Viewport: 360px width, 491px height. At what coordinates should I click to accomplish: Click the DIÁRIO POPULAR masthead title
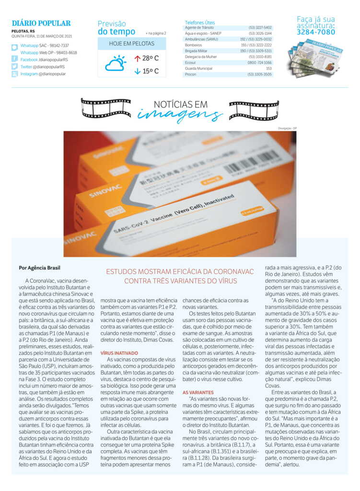tap(41, 23)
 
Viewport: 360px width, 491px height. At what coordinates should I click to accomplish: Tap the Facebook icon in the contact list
tap(15, 59)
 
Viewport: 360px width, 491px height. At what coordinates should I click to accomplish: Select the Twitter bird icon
tap(15, 67)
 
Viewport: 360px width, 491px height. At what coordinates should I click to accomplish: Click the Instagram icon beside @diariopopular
tap(15, 74)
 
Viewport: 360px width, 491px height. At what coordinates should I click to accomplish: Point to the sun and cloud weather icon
tap(116, 64)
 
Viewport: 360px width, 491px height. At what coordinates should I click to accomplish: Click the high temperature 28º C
tap(147, 58)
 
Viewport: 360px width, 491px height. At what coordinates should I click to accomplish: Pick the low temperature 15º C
tap(147, 72)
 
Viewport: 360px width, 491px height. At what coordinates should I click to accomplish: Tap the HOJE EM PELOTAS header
tap(131, 44)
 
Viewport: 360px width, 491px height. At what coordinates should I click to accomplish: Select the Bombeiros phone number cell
tap(259, 45)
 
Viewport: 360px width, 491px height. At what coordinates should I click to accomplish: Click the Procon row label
tap(190, 74)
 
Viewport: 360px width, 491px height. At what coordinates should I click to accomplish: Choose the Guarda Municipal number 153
tap(268, 69)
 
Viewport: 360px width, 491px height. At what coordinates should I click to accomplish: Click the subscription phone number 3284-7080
tap(316, 32)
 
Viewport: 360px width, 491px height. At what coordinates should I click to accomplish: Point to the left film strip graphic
tap(106, 107)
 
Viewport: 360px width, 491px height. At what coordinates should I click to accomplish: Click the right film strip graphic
tap(254, 110)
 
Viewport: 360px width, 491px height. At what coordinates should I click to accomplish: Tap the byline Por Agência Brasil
tap(40, 268)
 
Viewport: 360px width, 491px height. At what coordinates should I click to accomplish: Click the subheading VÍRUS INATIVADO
tap(119, 353)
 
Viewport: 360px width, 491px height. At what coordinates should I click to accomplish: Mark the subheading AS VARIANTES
tap(198, 392)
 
